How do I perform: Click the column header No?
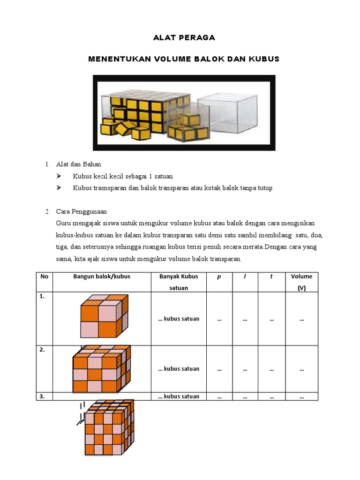pos(45,277)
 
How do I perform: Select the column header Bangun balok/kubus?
pos(102,277)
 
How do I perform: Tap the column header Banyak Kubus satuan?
pos(179,282)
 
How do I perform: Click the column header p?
pos(219,277)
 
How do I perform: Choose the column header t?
pos(271,277)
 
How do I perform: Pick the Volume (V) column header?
pos(301,282)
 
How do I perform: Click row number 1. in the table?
pos(43,296)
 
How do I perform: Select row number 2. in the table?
pos(43,350)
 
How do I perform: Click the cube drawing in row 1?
pos(104,316)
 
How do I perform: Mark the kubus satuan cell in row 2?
pos(179,369)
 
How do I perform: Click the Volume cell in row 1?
pos(301,319)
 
